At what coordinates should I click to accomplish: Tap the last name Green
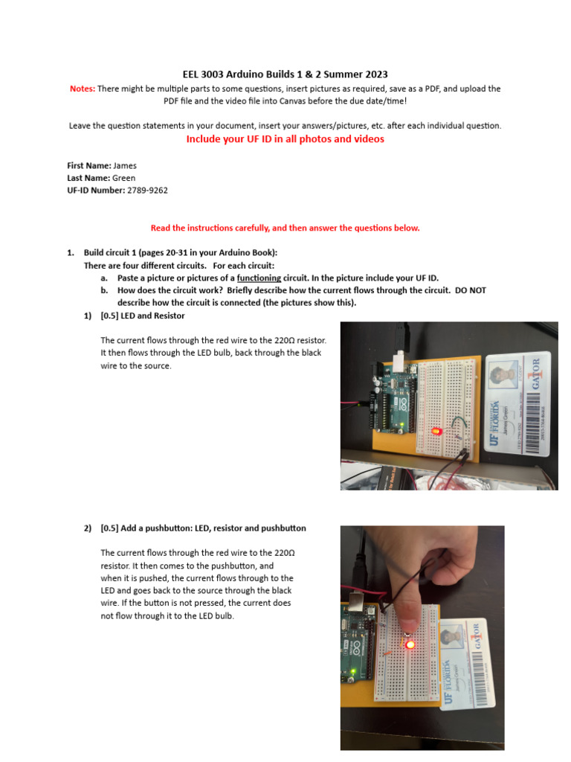(123, 178)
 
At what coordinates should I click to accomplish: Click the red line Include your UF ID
(285, 139)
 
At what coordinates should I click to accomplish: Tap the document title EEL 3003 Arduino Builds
(285, 74)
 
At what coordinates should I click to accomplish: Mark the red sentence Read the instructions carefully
(285, 228)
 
